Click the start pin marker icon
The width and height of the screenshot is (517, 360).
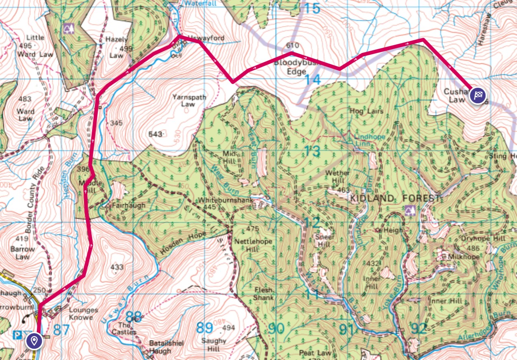coord(34,340)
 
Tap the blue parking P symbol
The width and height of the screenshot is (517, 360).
coord(17,335)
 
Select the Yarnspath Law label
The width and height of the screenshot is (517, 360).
coord(189,101)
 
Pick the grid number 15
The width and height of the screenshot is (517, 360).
coord(313,8)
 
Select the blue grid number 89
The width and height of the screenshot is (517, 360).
coord(205,327)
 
